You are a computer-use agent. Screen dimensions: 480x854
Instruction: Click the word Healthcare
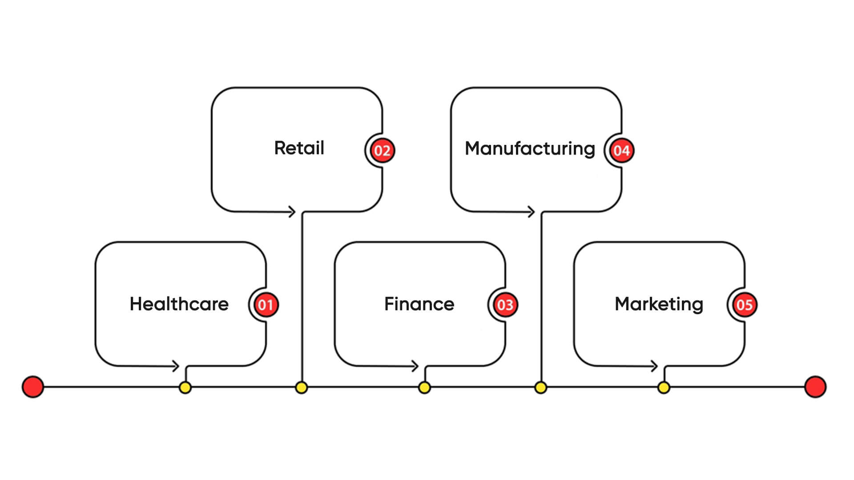[x=179, y=304]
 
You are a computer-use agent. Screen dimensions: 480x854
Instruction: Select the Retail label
[x=299, y=148]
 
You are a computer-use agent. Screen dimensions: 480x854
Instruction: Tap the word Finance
[x=419, y=304]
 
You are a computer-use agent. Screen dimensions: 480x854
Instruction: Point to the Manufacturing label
[x=529, y=148]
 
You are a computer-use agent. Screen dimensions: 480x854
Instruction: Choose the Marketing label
[x=659, y=304]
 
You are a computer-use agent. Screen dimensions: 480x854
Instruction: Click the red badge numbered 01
[x=266, y=305]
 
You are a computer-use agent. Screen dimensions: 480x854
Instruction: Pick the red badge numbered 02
[x=382, y=150]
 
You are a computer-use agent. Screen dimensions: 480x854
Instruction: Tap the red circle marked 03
[x=505, y=305]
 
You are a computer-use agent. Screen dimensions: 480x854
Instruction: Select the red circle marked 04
[x=621, y=150]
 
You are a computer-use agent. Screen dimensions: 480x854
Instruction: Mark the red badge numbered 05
[x=744, y=305]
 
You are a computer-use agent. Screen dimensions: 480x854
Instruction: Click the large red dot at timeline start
[x=33, y=387]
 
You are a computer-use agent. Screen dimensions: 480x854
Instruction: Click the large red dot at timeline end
[x=815, y=387]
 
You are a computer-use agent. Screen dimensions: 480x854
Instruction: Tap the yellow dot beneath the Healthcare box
[x=185, y=388]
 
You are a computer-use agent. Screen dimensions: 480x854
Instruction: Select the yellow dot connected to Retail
[x=301, y=388]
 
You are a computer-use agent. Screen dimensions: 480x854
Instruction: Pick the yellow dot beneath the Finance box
[x=424, y=388]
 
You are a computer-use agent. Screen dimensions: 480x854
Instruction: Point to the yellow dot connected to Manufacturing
[x=540, y=388]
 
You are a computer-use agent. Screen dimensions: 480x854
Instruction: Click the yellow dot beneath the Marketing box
[x=664, y=388]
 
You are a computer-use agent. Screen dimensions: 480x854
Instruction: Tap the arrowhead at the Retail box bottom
[x=292, y=212]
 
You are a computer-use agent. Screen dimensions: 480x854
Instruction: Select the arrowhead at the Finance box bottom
[x=415, y=366]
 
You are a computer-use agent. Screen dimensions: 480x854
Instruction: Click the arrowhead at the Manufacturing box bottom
[x=531, y=212]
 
